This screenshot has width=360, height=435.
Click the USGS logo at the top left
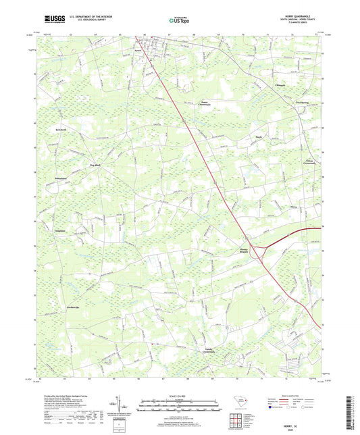[x=53, y=20]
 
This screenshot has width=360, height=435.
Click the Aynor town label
[x=138, y=51]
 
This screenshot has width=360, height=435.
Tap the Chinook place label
[x=282, y=85]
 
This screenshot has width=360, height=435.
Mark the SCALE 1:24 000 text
[x=179, y=396]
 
